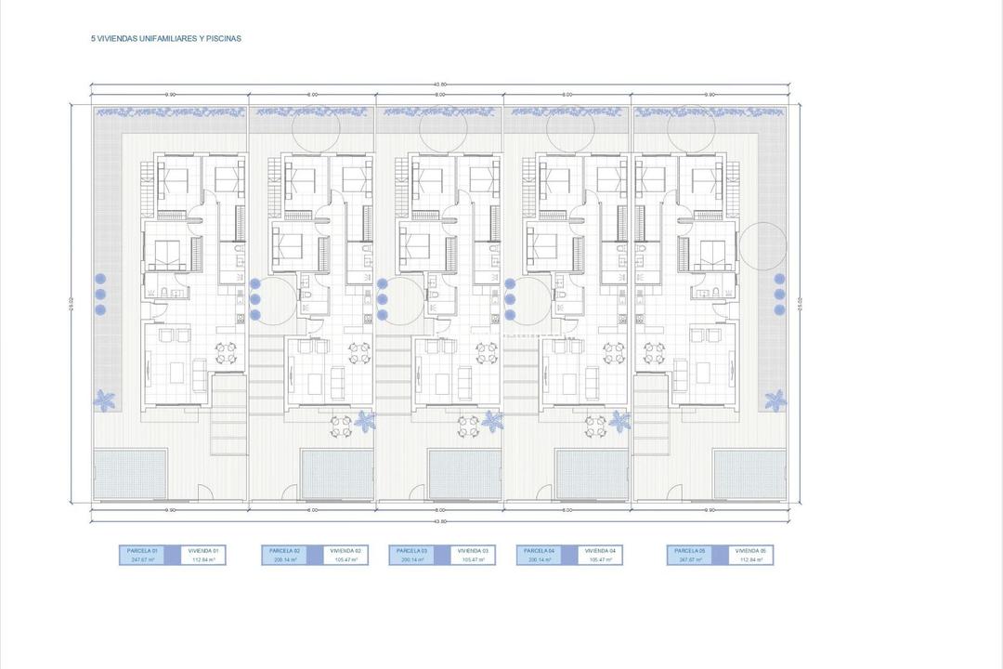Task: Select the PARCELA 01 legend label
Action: [x=142, y=550]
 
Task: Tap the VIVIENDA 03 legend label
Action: [x=473, y=550]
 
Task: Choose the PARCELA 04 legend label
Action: [x=534, y=550]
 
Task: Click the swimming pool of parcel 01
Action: [x=131, y=474]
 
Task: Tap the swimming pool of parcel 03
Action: [x=460, y=474]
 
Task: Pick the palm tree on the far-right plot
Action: [x=775, y=400]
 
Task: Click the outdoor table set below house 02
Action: [x=342, y=425]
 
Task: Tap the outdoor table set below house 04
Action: [x=595, y=425]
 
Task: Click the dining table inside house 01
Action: [x=227, y=353]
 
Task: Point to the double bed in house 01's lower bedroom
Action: [x=169, y=252]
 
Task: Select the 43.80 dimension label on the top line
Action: [x=440, y=85]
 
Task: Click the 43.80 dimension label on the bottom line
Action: [x=440, y=521]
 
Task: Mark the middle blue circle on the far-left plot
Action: [x=100, y=294]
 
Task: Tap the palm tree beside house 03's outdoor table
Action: [x=491, y=421]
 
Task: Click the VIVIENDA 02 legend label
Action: [x=345, y=550]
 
